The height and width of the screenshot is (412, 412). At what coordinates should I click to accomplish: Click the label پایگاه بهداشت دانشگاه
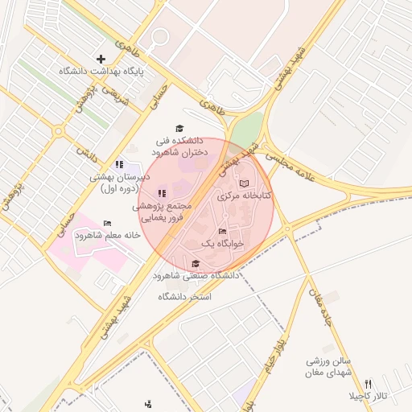tap(101, 72)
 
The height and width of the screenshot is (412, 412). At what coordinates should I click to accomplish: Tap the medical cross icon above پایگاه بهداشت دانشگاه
tap(101, 59)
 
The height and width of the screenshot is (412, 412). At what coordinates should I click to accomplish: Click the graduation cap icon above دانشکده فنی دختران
tap(179, 129)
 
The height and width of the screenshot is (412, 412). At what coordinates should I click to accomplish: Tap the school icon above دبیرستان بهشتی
tap(119, 165)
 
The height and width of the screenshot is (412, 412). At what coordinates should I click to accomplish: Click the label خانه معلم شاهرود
tap(108, 236)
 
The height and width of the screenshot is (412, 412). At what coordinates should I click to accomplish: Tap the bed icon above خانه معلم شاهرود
tap(107, 224)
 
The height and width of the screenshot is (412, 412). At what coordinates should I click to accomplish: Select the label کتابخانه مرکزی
tap(245, 196)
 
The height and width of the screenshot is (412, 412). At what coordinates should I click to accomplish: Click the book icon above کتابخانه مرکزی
tap(244, 184)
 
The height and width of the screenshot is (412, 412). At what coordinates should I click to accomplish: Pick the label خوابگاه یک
tap(221, 242)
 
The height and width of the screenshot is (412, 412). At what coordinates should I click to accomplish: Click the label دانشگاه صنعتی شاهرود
tap(202, 276)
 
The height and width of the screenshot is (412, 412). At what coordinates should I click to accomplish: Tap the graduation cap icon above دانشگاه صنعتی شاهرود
tap(196, 264)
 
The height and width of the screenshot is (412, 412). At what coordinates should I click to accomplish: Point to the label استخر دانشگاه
tap(184, 297)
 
